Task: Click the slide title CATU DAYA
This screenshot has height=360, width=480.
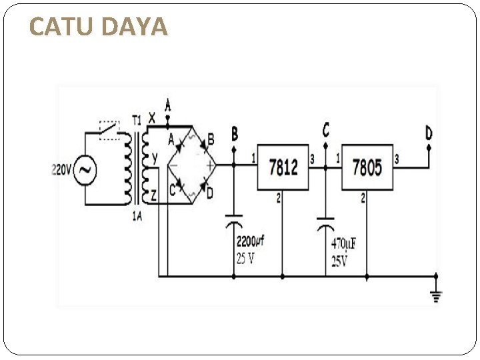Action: (99, 27)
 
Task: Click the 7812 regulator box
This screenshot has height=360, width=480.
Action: (283, 167)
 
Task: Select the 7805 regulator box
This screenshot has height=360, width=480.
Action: (367, 167)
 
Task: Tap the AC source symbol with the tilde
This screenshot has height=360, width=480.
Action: (85, 171)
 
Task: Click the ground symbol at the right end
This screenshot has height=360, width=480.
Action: (436, 296)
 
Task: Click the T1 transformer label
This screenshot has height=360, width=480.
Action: (137, 121)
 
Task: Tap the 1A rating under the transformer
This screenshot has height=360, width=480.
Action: (137, 215)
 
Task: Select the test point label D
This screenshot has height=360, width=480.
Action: (429, 133)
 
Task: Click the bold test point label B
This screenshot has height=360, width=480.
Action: (235, 133)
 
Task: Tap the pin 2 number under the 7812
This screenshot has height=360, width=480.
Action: (279, 198)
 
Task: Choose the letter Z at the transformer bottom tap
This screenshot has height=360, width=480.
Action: (154, 195)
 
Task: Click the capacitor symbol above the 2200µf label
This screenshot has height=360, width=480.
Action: (234, 223)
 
